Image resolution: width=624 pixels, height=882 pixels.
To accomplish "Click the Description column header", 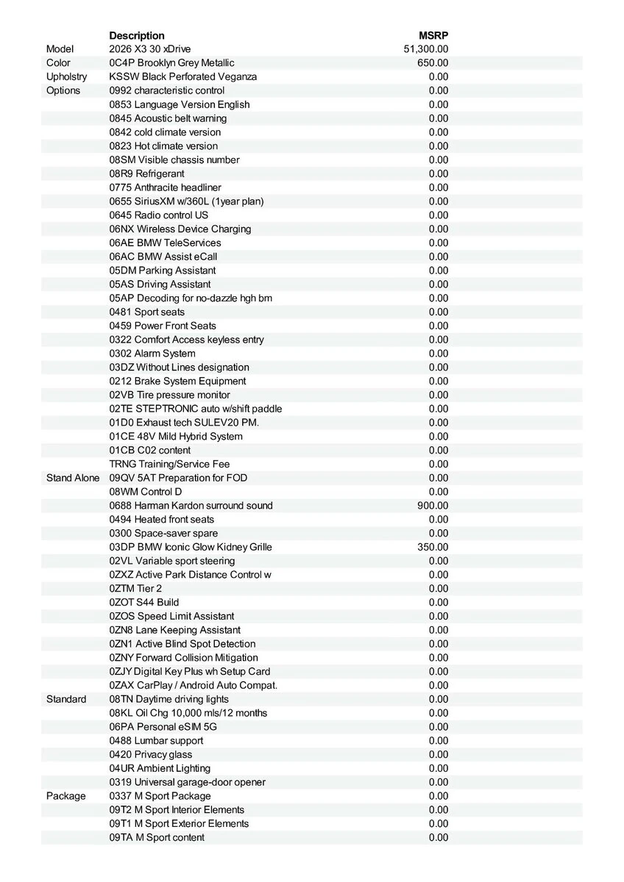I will pos(137,35).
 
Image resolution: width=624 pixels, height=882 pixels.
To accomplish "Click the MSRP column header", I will pos(433,35).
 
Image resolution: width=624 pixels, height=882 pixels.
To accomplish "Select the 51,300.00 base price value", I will pos(426,49).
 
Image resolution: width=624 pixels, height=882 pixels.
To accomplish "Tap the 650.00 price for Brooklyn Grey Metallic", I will pos(433,63).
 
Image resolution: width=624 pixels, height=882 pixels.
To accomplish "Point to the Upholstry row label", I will pos(66,77).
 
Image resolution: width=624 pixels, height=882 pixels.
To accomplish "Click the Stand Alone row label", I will pos(73,478).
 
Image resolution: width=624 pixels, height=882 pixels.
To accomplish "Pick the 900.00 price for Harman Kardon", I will pos(433,506).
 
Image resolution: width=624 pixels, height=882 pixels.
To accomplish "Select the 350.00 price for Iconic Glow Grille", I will pos(433,548).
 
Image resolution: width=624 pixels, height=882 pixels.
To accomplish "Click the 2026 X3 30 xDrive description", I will pos(149,49).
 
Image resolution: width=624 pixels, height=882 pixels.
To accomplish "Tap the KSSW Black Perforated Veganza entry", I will pos(183,77).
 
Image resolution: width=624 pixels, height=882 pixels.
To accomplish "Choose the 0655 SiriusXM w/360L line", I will pos(186,201).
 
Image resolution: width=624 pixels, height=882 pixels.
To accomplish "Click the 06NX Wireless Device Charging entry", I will pos(180,229).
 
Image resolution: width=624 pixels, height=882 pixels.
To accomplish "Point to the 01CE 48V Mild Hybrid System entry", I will pos(176,437).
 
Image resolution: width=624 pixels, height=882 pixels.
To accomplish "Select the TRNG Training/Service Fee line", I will pos(169,465).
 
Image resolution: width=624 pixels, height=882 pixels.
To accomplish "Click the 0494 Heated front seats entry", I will pos(162,520).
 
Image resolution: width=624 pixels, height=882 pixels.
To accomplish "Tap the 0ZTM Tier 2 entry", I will pos(135,589).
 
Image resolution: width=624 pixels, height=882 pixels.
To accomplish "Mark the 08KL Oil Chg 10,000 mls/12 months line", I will pos(188,713).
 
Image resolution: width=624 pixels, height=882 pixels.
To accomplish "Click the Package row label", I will pos(65,796).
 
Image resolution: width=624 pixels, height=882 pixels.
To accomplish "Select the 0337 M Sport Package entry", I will pos(160,796).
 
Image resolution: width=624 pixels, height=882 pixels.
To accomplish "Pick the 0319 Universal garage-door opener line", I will pos(188,782).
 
